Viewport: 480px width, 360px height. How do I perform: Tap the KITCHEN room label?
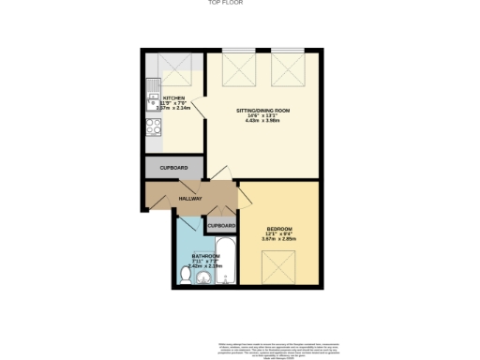[x=174, y=97]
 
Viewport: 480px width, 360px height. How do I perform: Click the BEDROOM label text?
[x=279, y=229]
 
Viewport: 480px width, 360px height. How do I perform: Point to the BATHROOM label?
[x=205, y=255]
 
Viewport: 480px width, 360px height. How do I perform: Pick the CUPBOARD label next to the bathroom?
[x=220, y=226]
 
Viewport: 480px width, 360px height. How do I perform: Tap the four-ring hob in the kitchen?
[x=153, y=126]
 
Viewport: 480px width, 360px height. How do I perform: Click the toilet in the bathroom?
[x=185, y=274]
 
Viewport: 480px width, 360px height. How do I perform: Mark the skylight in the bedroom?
[x=278, y=269]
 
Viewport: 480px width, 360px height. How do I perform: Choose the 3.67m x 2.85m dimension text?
[x=279, y=241]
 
